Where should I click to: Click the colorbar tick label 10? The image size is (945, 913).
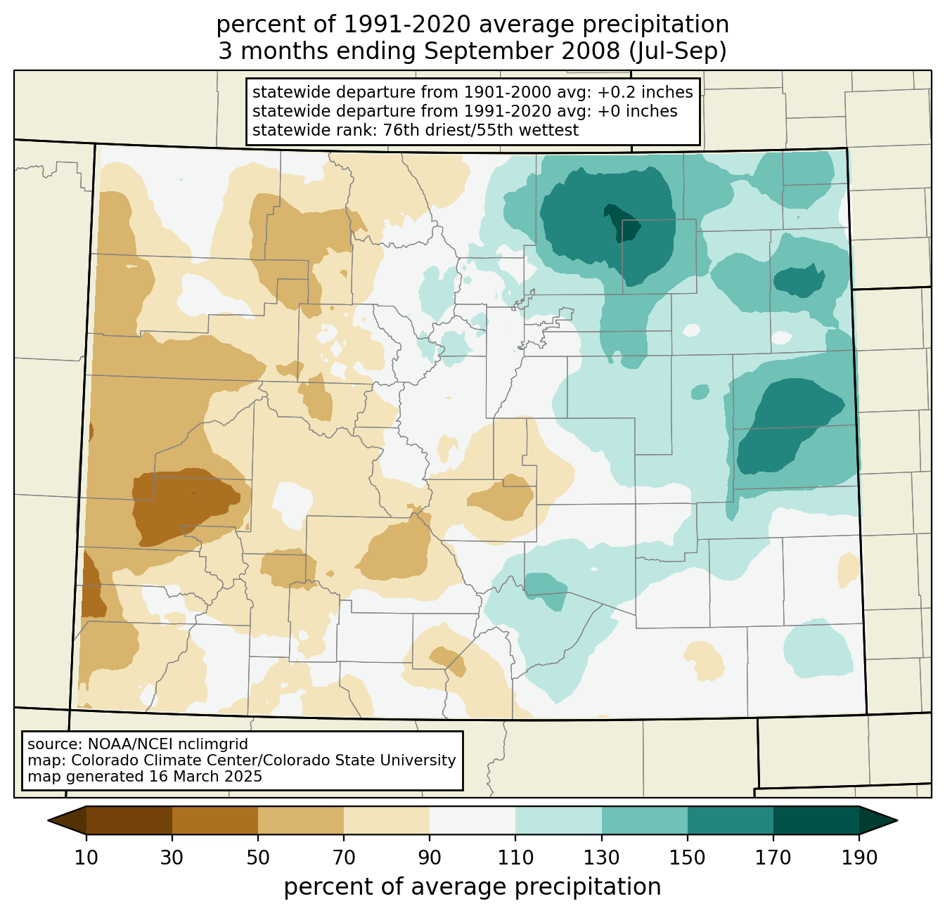pyautogui.click(x=86, y=858)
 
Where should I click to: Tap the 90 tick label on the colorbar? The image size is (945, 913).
pyautogui.click(x=430, y=858)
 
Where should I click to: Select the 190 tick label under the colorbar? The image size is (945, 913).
pyautogui.click(x=859, y=858)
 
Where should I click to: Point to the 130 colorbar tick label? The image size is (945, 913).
pyautogui.click(x=601, y=858)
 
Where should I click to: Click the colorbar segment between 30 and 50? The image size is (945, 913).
pyautogui.click(x=214, y=820)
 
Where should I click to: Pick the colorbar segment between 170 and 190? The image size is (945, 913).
pyautogui.click(x=816, y=820)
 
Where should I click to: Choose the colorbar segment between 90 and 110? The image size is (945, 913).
pyautogui.click(x=472, y=820)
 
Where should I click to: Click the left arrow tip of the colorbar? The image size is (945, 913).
pyautogui.click(x=48, y=820)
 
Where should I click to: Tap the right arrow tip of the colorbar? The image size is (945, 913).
pyautogui.click(x=897, y=820)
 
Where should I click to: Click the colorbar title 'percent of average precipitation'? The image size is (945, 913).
pyautogui.click(x=472, y=887)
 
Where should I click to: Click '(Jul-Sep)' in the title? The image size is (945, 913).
pyautogui.click(x=678, y=51)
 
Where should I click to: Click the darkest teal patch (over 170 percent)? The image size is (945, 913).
pyautogui.click(x=622, y=222)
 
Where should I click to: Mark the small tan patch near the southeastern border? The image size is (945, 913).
pyautogui.click(x=849, y=570)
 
